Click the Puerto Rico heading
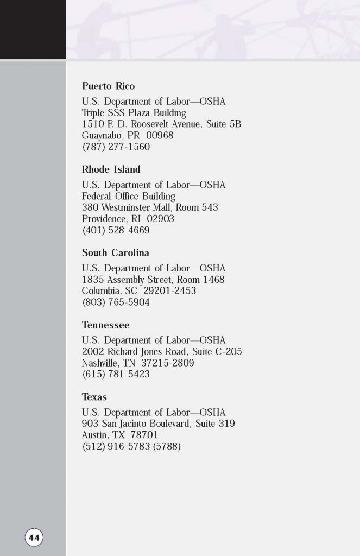[108, 86]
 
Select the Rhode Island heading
[111, 169]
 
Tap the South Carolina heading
[115, 252]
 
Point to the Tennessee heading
[105, 325]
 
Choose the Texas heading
[94, 397]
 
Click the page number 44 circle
[34, 538]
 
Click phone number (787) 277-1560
[116, 147]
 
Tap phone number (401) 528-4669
[116, 230]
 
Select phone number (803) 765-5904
[116, 303]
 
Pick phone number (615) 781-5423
[116, 375]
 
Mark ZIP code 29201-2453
[169, 292]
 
